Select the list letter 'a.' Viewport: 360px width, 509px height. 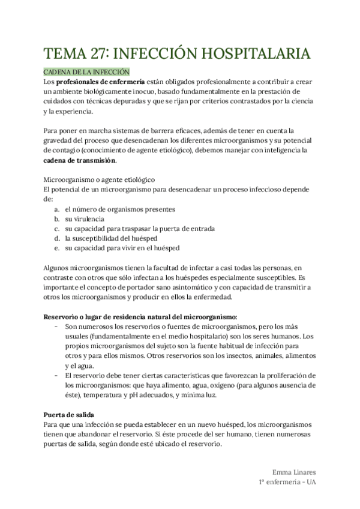[56, 209]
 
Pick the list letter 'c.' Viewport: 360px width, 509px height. [56, 228]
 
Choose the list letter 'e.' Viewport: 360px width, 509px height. [56, 247]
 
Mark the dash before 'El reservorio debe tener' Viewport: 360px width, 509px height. [56, 375]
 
